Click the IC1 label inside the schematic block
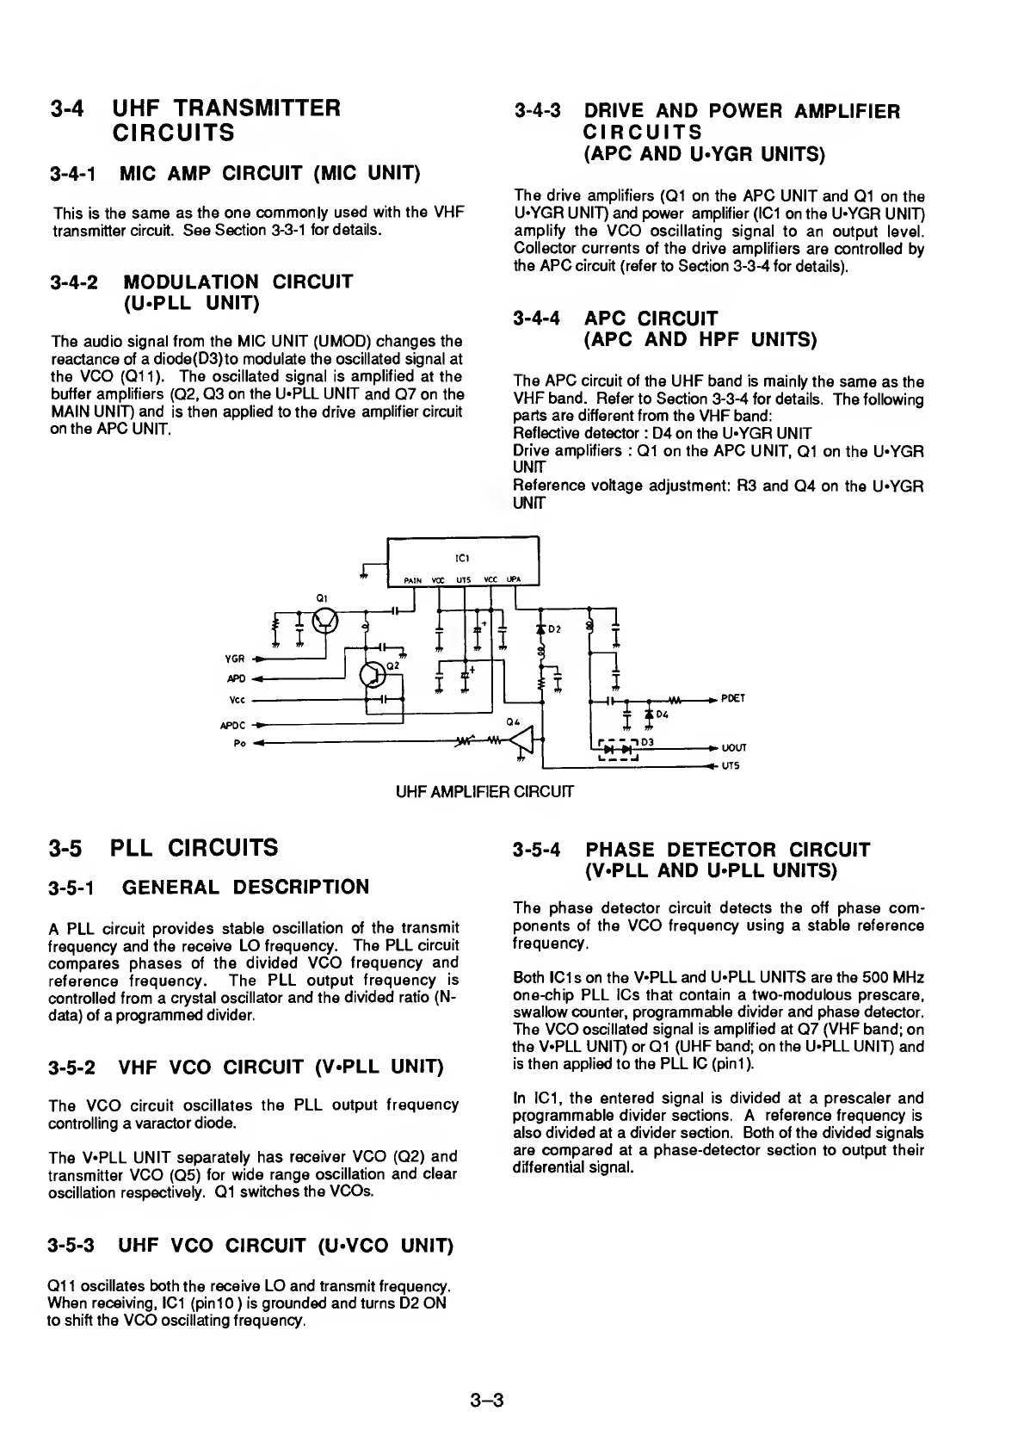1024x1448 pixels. click(463, 556)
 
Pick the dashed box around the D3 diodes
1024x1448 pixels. click(616, 749)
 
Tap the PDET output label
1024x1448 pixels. click(733, 699)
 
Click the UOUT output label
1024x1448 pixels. click(734, 748)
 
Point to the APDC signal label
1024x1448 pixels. click(233, 725)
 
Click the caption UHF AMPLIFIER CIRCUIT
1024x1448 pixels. click(484, 789)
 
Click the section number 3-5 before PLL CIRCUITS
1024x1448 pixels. click(65, 848)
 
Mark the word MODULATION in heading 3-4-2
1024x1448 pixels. click(191, 282)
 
